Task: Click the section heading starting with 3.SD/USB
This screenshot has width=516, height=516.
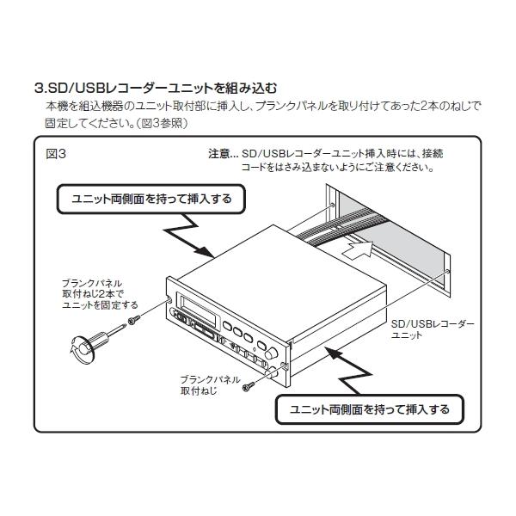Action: (156, 89)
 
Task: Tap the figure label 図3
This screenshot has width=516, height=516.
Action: (56, 154)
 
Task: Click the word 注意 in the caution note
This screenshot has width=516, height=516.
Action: (218, 154)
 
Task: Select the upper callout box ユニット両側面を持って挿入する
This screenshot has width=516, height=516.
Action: (151, 200)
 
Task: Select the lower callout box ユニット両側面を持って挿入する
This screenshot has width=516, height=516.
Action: (370, 409)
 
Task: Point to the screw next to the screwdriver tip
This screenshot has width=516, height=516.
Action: (134, 319)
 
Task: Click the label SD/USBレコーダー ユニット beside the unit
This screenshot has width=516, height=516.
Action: (433, 329)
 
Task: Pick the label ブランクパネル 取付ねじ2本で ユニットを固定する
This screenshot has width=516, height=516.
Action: (100, 294)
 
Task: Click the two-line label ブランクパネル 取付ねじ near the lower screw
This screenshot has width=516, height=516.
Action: (211, 385)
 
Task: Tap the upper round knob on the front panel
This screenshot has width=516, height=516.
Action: (272, 353)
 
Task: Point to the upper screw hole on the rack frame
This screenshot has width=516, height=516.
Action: (332, 205)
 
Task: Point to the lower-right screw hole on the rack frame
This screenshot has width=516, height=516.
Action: (447, 272)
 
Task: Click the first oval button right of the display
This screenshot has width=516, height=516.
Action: (228, 326)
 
